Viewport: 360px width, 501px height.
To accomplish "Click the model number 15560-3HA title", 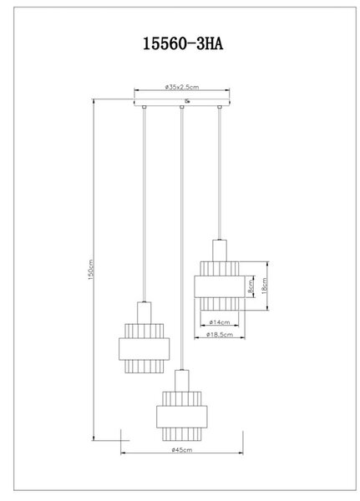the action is [x=183, y=43].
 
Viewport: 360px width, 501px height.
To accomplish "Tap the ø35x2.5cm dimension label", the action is [x=182, y=87].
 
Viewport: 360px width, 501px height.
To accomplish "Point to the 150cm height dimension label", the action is [x=90, y=270].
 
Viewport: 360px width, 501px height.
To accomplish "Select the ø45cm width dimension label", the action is [x=182, y=450].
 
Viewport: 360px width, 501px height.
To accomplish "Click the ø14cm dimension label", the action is [x=220, y=322].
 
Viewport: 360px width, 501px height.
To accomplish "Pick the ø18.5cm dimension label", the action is [x=220, y=335].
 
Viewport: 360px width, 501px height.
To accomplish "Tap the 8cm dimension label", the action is [x=251, y=287].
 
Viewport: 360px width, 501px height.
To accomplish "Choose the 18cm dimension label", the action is [x=264, y=286].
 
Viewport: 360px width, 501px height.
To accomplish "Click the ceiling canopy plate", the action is [x=182, y=102].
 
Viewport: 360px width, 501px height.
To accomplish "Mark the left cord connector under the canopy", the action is [x=145, y=108].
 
